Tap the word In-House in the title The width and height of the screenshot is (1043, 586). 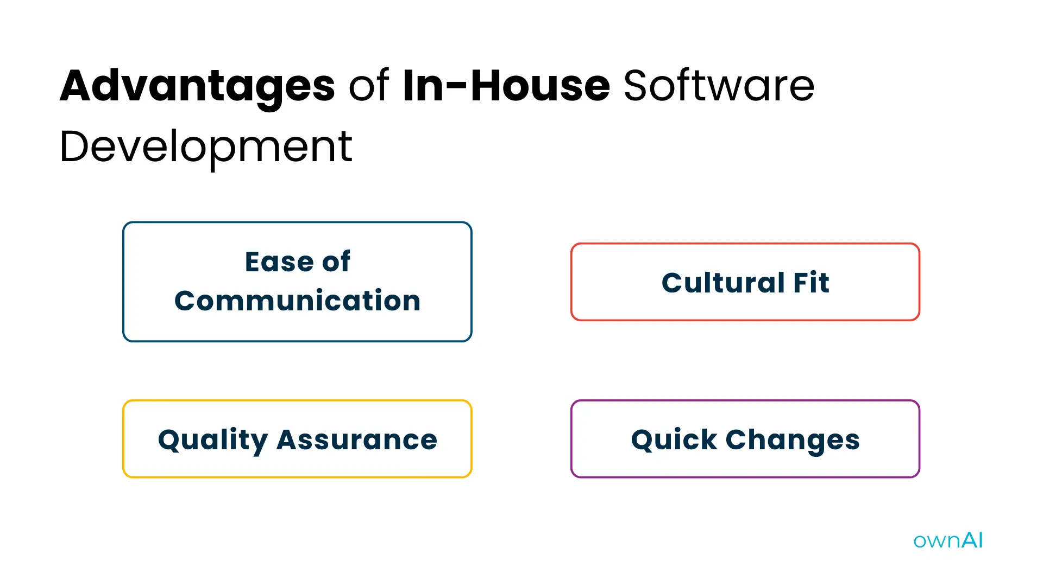(506, 86)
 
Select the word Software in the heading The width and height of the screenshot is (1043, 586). (719, 86)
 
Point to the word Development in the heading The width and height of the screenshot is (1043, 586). (206, 146)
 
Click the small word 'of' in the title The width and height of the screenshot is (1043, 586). (368, 86)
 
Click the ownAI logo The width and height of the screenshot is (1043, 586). (948, 540)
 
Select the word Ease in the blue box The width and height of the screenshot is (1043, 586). (279, 262)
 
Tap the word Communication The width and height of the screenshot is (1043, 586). (297, 301)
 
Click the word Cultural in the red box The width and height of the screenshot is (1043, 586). (723, 283)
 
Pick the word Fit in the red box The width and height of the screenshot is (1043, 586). (811, 283)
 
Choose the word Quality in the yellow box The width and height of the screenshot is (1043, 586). (213, 439)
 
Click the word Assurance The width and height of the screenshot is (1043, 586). (357, 439)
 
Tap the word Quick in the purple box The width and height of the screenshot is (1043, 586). (674, 439)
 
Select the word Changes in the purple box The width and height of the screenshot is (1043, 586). (793, 439)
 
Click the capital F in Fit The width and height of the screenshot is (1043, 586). (800, 283)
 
